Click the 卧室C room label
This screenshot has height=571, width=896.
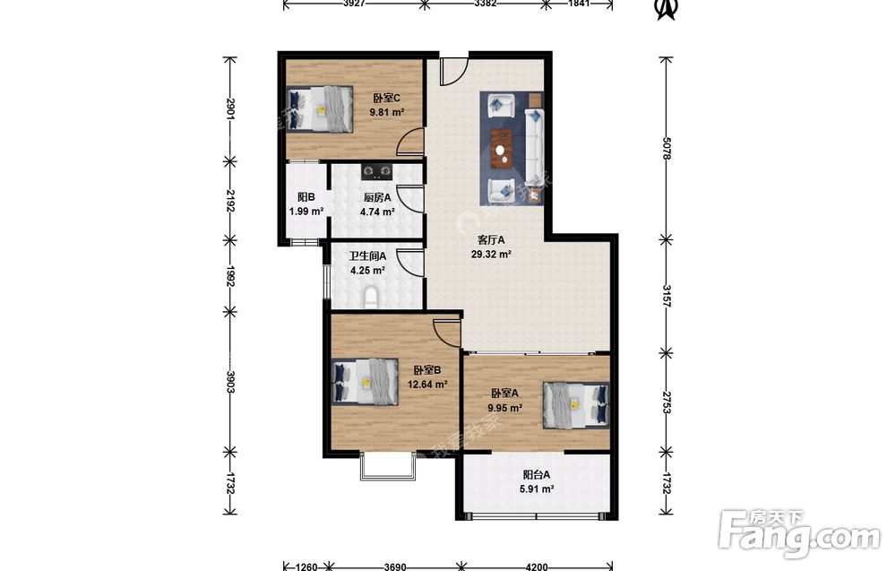[386, 99]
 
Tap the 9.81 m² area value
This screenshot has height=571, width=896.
[387, 113]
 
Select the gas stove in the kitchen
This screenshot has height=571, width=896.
[377, 170]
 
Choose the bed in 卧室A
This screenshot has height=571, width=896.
[576, 404]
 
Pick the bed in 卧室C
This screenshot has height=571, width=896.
[319, 108]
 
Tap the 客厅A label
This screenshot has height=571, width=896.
[491, 240]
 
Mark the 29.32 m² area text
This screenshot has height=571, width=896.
[491, 255]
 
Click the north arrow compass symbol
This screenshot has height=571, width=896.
[665, 9]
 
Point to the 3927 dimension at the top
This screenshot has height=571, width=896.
[354, 4]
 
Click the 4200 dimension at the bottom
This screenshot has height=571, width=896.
[537, 567]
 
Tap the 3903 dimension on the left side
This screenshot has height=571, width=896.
[230, 382]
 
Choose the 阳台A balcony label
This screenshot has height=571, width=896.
[537, 474]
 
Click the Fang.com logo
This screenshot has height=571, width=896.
[799, 533]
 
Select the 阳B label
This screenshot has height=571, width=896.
[306, 197]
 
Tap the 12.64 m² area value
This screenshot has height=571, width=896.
[426, 385]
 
